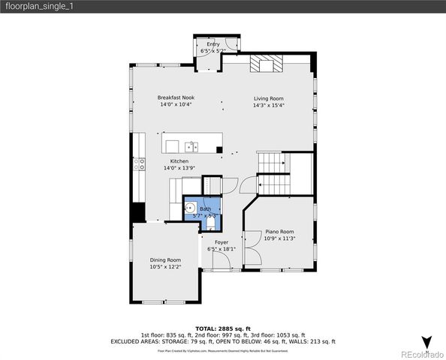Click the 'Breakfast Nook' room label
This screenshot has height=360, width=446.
click(x=176, y=97)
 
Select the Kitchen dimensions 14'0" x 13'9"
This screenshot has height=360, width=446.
click(x=179, y=168)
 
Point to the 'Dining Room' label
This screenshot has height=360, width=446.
click(x=165, y=259)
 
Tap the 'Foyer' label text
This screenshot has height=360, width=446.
click(x=221, y=242)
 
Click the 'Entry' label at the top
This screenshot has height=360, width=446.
click(x=213, y=44)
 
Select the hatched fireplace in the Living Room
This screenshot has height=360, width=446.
click(x=264, y=64)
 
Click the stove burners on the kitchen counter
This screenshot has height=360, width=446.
click(x=139, y=164)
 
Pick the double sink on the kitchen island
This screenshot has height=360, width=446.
click(x=192, y=147)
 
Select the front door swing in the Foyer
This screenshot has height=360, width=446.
click(x=222, y=260)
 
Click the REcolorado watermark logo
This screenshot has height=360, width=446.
click(x=421, y=354)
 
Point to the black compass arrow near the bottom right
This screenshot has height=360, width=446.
click(x=426, y=342)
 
